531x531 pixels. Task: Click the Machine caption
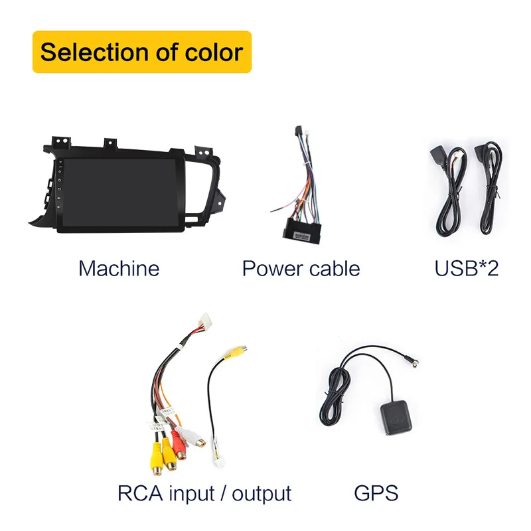coord(119,268)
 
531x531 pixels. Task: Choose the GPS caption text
coord(376,493)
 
